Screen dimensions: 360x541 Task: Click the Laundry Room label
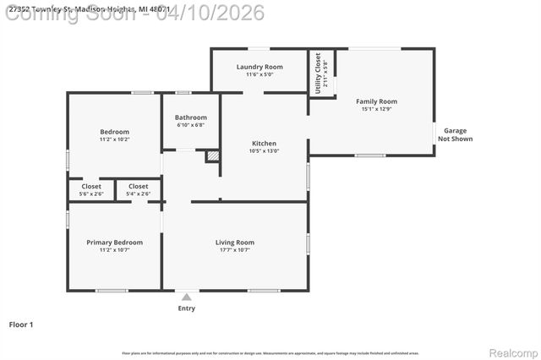[x=260, y=67]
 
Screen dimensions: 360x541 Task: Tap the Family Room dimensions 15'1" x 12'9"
[x=376, y=109]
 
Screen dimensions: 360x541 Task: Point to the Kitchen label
[x=264, y=144]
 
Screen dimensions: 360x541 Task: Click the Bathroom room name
[x=190, y=117]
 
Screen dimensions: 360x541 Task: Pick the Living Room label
[x=234, y=243]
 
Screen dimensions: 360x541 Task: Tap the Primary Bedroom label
[x=114, y=243]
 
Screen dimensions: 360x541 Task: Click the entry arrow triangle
[x=186, y=297]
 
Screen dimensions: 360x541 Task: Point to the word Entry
[x=186, y=308]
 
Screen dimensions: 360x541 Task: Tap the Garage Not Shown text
[x=455, y=134]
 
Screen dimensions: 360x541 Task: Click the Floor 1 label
[x=21, y=325]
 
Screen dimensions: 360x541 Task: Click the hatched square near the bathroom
[x=213, y=156]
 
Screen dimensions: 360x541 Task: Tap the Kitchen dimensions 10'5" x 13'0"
[x=264, y=151]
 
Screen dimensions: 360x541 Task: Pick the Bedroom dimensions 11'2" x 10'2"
[x=114, y=139]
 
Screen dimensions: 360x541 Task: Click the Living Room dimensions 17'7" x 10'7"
[x=234, y=250]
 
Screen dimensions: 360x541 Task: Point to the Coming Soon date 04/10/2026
[x=210, y=12]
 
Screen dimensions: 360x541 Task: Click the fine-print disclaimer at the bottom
[x=270, y=352]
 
